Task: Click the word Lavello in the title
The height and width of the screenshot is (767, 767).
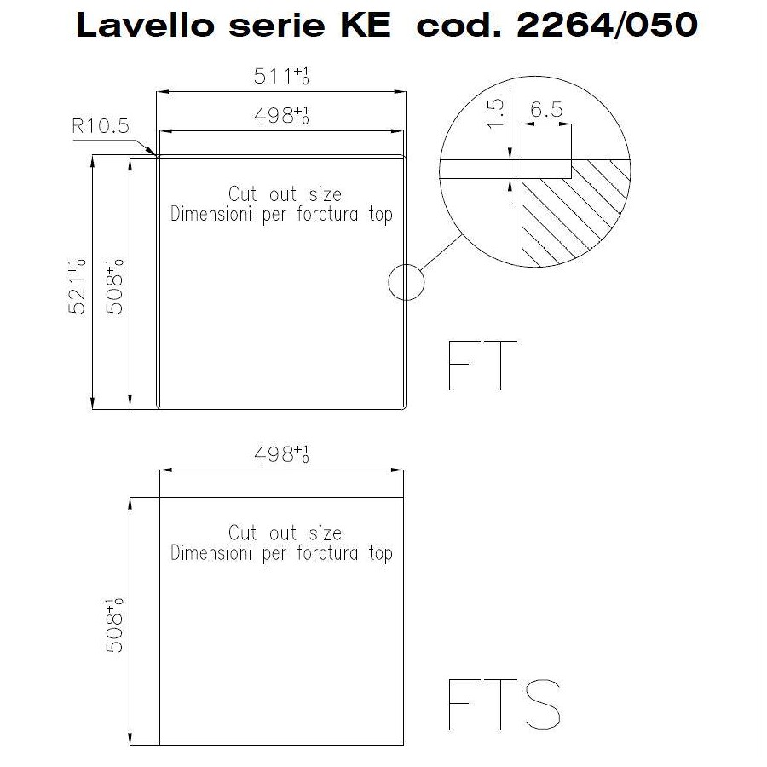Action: pyautogui.click(x=145, y=25)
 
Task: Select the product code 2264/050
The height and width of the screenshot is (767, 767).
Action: pyautogui.click(x=607, y=25)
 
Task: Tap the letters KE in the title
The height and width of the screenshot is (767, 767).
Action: pyautogui.click(x=366, y=25)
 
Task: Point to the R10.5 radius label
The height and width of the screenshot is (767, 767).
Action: pyautogui.click(x=101, y=126)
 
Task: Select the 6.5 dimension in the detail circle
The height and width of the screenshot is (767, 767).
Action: pyautogui.click(x=547, y=110)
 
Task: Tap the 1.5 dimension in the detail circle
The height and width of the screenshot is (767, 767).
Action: pyautogui.click(x=496, y=113)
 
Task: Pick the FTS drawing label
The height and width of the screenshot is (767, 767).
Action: pyautogui.click(x=505, y=705)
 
